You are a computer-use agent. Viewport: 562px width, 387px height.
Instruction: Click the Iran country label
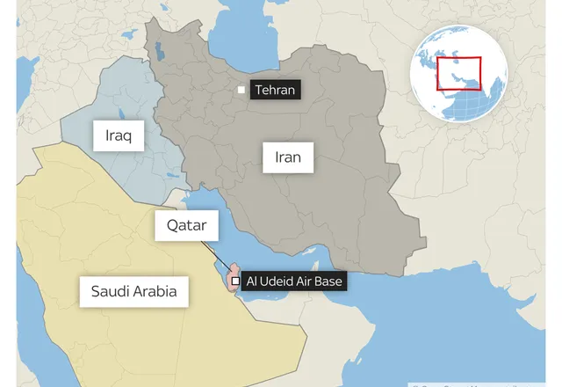(x=288, y=157)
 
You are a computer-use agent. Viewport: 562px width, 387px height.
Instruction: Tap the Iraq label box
(x=119, y=136)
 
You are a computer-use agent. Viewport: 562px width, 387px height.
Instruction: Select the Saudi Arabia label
(x=133, y=291)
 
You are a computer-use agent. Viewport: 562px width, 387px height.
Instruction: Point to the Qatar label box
(x=186, y=225)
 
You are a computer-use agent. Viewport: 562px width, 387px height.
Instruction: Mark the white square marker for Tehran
(x=241, y=90)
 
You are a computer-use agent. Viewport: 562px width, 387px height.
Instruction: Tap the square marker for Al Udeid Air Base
(x=234, y=281)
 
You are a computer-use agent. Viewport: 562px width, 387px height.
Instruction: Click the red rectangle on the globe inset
(x=460, y=73)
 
